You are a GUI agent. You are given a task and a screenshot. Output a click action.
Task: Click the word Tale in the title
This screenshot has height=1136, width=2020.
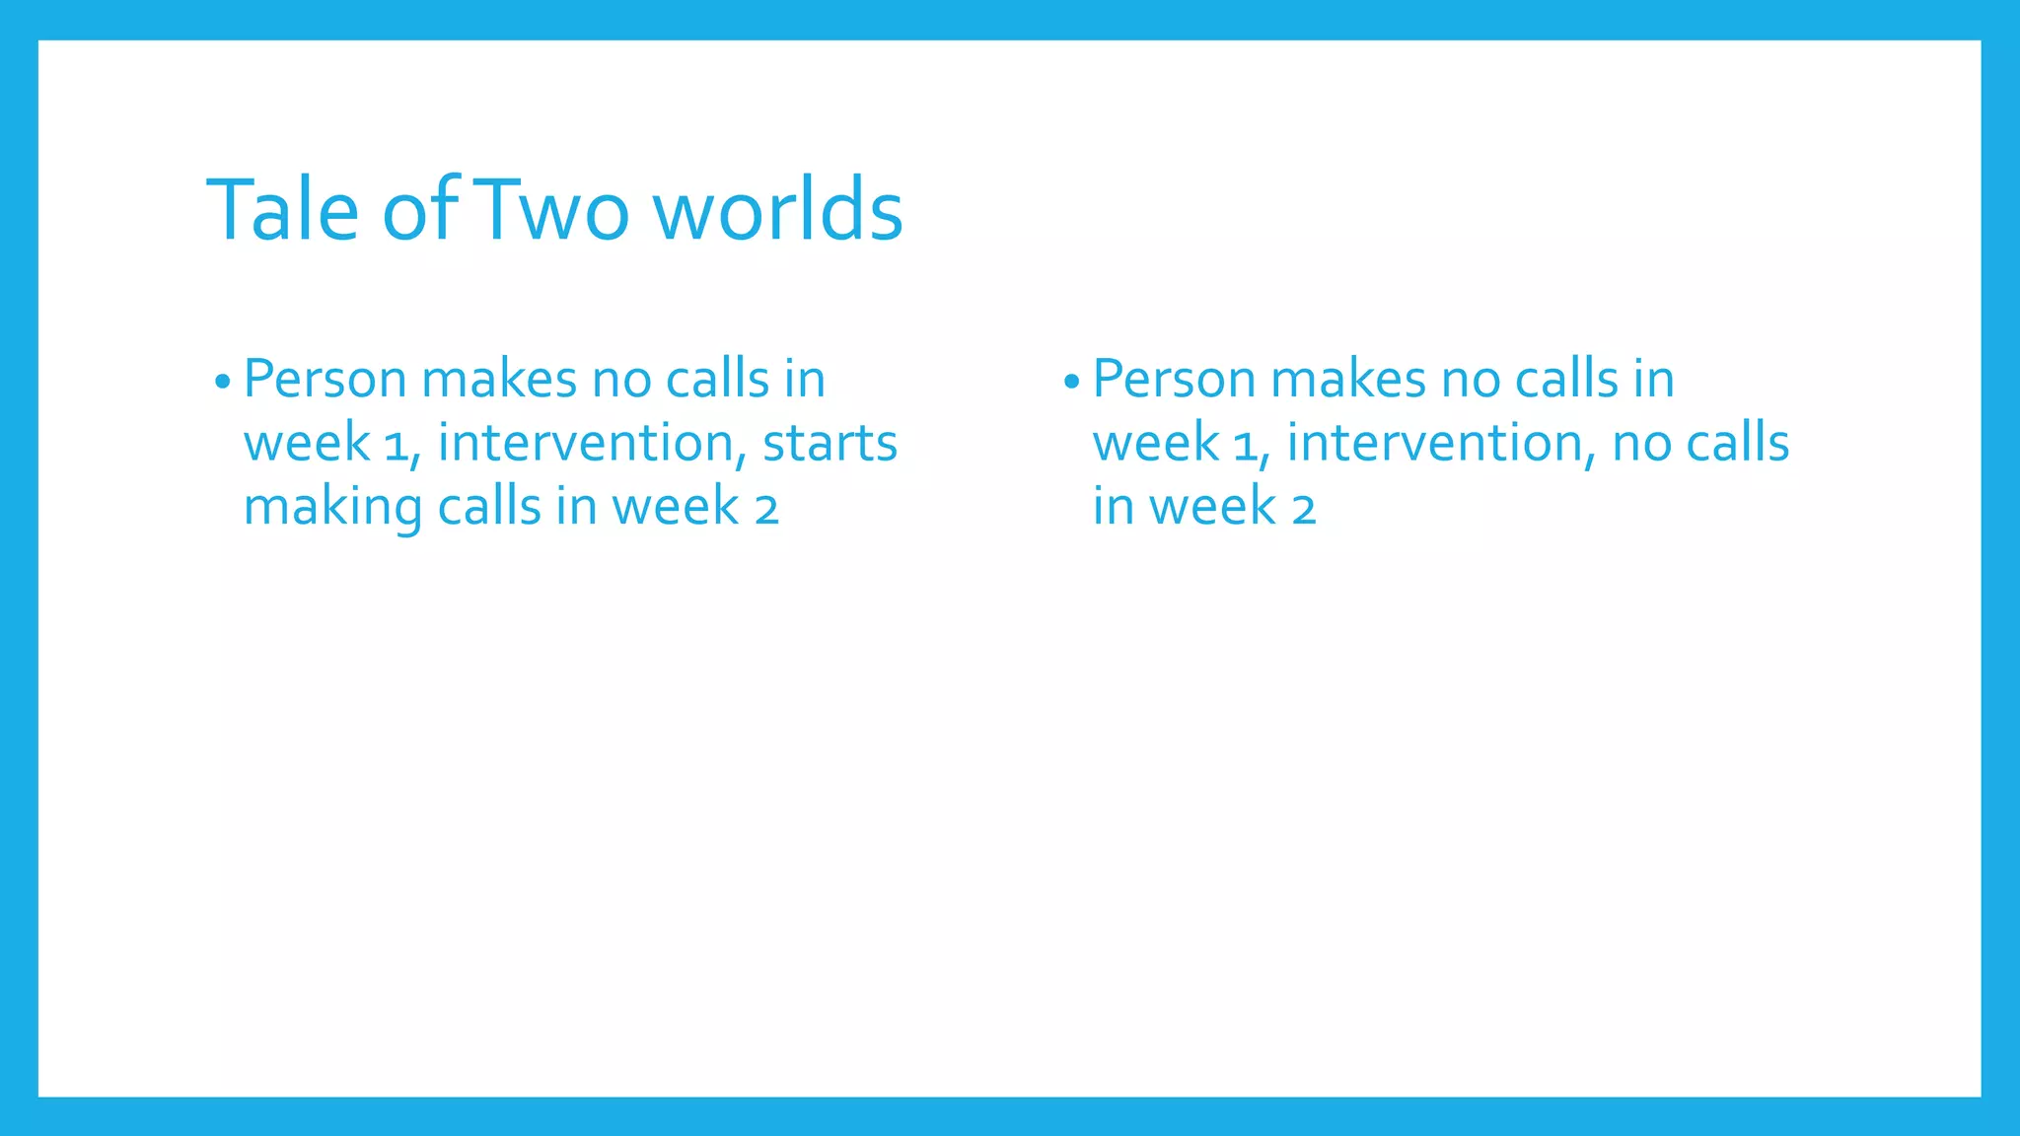(283, 209)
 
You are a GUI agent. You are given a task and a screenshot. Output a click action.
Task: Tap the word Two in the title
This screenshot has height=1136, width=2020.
(554, 209)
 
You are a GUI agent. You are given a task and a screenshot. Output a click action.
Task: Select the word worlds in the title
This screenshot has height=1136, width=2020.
(778, 209)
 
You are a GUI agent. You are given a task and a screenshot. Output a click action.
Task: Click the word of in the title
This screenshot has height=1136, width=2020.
(419, 209)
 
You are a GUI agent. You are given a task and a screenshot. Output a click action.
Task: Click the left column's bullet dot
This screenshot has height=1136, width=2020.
(222, 382)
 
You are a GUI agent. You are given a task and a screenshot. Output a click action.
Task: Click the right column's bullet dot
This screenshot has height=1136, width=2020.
(1071, 382)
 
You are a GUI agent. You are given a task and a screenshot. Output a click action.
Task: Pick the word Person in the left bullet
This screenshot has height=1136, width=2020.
(325, 380)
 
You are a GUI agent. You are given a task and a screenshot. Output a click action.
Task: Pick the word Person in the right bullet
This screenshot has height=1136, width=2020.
(1175, 380)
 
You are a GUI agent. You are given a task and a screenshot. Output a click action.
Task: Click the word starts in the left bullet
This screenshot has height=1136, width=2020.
(830, 443)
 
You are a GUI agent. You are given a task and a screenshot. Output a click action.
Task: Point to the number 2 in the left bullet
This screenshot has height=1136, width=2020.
(767, 511)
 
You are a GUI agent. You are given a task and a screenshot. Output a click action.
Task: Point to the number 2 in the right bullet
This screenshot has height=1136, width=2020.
(1304, 511)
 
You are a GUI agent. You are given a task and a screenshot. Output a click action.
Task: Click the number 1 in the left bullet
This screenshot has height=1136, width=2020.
(397, 446)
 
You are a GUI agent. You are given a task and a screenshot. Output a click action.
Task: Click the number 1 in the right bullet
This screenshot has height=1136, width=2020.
(1246, 446)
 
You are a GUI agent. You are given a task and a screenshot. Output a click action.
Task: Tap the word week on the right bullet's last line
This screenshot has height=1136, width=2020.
(1212, 507)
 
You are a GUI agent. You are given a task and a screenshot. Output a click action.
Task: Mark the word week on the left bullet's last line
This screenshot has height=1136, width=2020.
(676, 507)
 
